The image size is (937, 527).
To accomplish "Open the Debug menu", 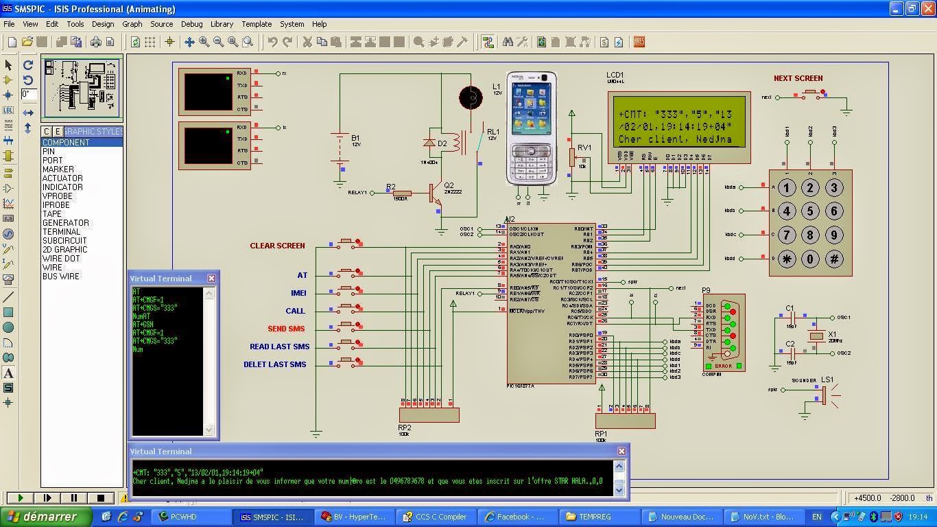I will pyautogui.click(x=191, y=24).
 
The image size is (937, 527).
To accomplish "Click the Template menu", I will pyautogui.click(x=257, y=24).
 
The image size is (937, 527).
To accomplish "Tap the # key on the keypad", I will pyautogui.click(x=834, y=259).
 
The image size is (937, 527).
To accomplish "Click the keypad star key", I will pyautogui.click(x=787, y=259).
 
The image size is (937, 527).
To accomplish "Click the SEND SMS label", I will pyautogui.click(x=286, y=329).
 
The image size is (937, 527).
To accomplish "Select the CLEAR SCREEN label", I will pyautogui.click(x=277, y=246).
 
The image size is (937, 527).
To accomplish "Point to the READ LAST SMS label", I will pyautogui.click(x=279, y=347).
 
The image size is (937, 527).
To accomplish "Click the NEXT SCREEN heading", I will pyautogui.click(x=798, y=78).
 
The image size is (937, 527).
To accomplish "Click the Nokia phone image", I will pyautogui.click(x=532, y=128).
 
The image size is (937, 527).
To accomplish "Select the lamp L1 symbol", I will pyautogui.click(x=471, y=97).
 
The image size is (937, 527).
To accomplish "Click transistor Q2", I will pyautogui.click(x=436, y=194).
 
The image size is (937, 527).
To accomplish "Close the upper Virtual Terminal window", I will pyautogui.click(x=211, y=278).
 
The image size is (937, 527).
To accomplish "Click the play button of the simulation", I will pyautogui.click(x=21, y=497).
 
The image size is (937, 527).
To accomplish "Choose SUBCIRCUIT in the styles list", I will pyautogui.click(x=64, y=241).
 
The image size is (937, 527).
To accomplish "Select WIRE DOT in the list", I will pyautogui.click(x=61, y=259).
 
